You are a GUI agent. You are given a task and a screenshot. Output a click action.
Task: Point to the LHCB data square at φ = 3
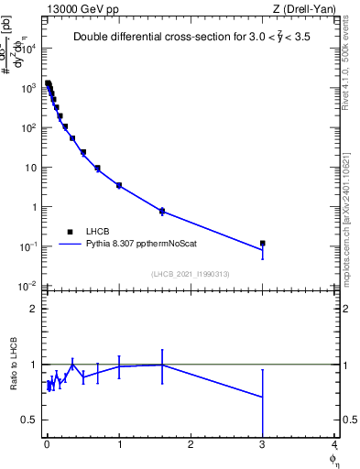pos(263,244)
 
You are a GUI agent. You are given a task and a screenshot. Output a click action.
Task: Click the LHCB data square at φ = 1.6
pos(162,211)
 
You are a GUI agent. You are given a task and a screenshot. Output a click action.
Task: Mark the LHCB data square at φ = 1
pos(119,185)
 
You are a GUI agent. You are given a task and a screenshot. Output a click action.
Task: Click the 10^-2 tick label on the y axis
pos(29,287)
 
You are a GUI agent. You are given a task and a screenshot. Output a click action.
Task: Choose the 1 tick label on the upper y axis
pos(33,207)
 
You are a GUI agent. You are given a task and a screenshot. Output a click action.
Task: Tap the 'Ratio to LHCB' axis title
pos(13,365)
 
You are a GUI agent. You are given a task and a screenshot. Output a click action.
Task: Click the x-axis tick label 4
pos(334,448)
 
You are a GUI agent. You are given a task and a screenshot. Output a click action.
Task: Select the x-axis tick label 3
pos(263,448)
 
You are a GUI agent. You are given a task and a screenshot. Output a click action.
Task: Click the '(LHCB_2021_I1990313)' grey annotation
pos(190,274)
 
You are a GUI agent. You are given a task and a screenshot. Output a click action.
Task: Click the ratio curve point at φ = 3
pos(263,397)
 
